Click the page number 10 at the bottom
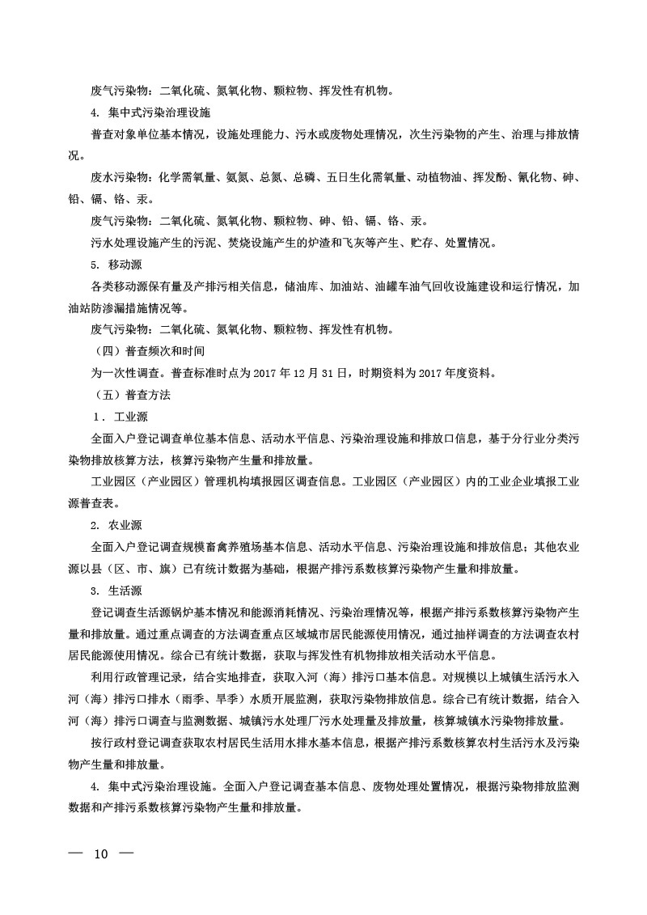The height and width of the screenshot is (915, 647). pyautogui.click(x=101, y=854)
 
